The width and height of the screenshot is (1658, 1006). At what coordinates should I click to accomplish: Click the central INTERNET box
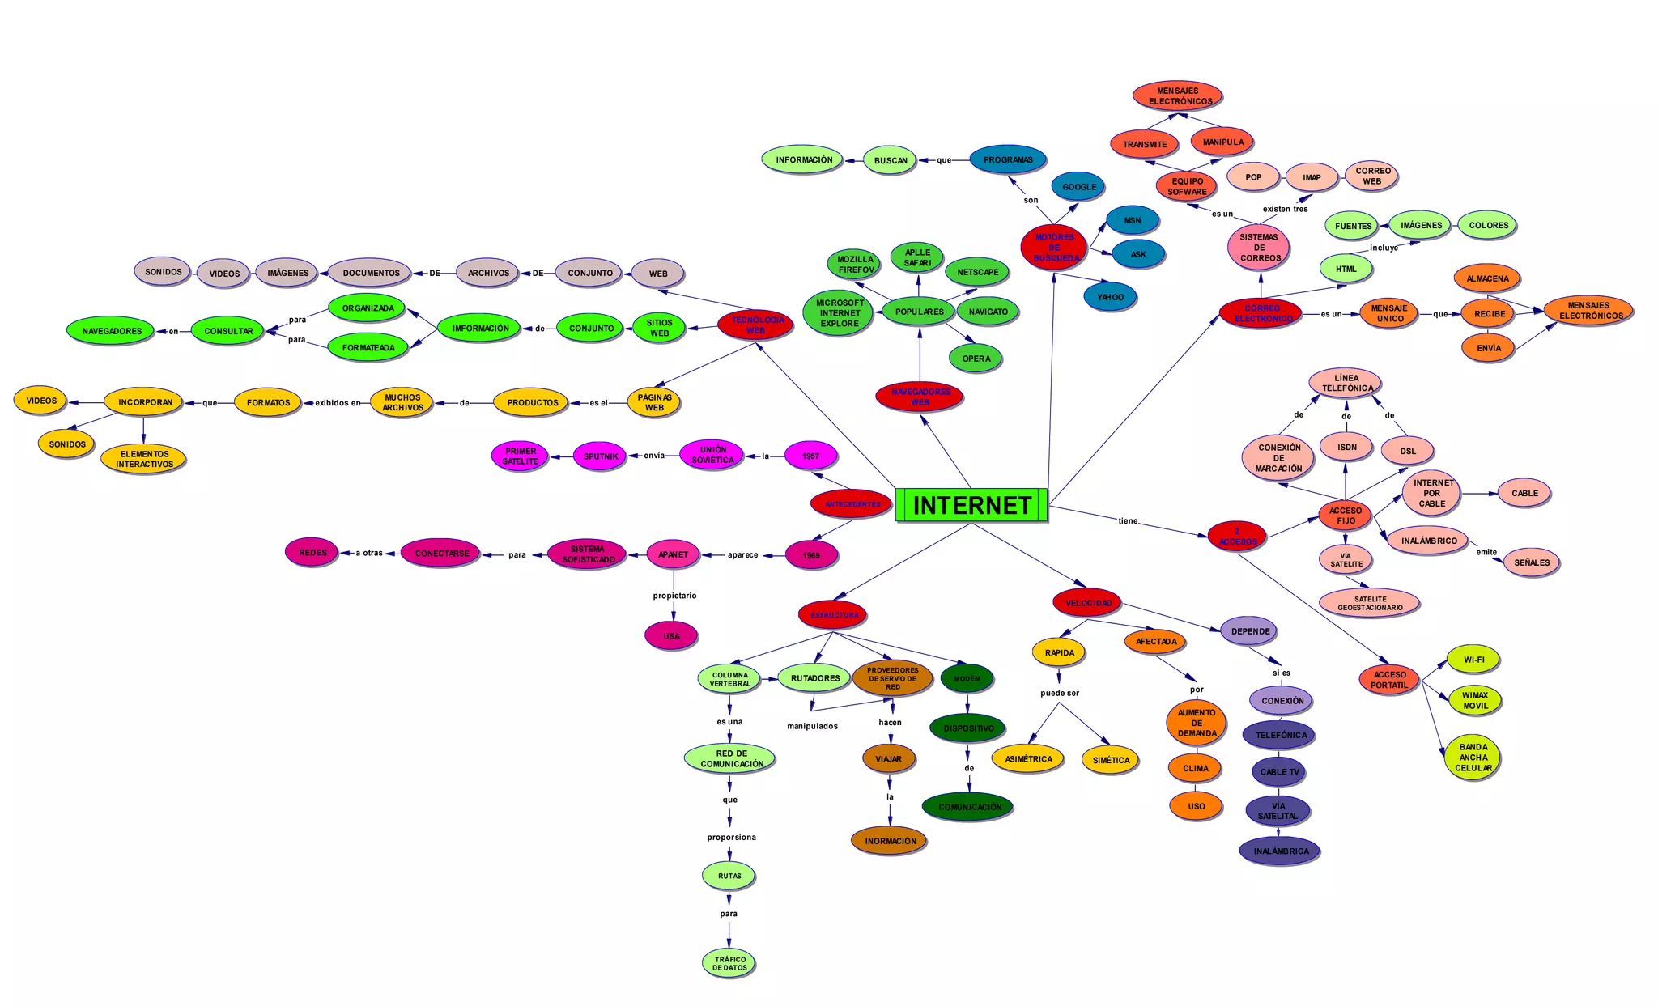[971, 505]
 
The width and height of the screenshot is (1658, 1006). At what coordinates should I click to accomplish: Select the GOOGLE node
[1079, 187]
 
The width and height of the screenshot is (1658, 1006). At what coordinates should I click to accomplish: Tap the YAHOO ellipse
[1110, 297]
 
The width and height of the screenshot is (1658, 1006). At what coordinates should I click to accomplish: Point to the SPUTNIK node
[600, 456]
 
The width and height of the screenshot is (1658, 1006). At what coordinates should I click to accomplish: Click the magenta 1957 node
[810, 456]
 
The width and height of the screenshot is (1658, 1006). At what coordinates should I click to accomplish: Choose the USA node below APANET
[671, 636]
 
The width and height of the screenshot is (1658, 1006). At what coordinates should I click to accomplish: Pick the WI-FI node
[1473, 660]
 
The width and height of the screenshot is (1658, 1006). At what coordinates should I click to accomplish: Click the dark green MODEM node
[967, 678]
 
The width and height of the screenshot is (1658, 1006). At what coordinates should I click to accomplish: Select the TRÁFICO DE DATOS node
[729, 963]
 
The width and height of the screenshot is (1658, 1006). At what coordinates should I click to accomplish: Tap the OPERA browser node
[976, 359]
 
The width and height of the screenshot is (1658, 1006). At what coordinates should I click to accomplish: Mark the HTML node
[1346, 269]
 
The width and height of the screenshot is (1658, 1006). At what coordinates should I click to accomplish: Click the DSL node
[1408, 451]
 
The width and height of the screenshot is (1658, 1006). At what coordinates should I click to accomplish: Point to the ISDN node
[1346, 447]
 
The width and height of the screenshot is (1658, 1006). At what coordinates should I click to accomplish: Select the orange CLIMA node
[1195, 768]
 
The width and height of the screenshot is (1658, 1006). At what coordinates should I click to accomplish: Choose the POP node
[1253, 177]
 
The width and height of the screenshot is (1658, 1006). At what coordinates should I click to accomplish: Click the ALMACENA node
[1487, 278]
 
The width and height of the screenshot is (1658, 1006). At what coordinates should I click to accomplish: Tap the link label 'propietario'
[674, 596]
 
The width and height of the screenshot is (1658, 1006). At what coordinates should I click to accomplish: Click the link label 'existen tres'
[1285, 209]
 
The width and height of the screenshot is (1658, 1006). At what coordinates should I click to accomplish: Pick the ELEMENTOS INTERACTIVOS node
[144, 459]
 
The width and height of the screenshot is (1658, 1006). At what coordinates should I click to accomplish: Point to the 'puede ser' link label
[1060, 693]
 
